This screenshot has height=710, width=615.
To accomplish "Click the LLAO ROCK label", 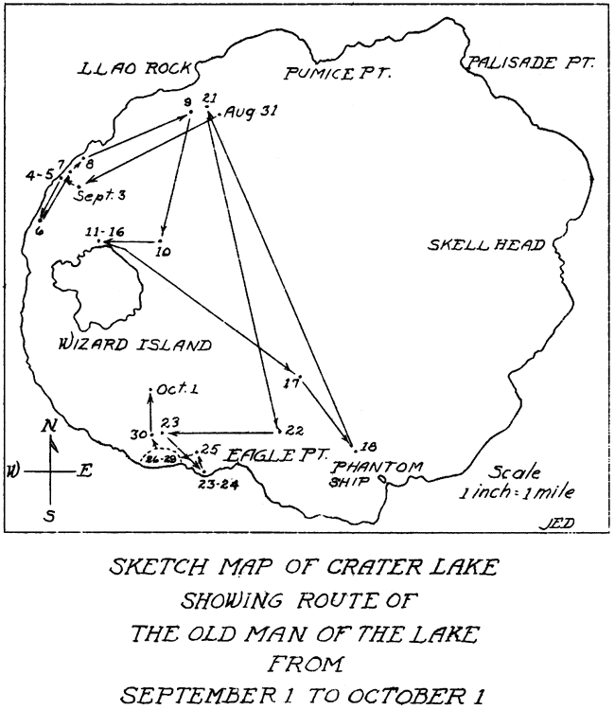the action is point(134,68).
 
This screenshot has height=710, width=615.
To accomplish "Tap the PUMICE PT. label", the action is point(338,73).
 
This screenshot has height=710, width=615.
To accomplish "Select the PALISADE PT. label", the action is point(530,62).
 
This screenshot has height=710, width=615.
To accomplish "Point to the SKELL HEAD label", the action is point(486,245).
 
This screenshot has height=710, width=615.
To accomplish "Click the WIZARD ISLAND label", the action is point(135,345).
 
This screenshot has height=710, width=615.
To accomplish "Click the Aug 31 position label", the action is point(251,112).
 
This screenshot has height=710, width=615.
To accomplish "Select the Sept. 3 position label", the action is point(100,196).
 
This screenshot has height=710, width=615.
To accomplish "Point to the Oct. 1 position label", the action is point(177,389).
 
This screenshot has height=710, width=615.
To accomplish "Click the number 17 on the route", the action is point(291,383).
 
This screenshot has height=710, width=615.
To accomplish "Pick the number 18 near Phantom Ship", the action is point(370,447).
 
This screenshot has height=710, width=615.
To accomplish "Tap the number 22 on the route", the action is point(295,430).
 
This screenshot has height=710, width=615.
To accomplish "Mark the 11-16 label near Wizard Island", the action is point(105,232).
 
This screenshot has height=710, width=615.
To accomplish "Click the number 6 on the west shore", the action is point(40,230).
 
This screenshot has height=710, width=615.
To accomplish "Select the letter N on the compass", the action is point(48,426).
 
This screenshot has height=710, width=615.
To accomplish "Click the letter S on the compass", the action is point(50,515).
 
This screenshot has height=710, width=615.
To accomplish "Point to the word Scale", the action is point(514,472).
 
